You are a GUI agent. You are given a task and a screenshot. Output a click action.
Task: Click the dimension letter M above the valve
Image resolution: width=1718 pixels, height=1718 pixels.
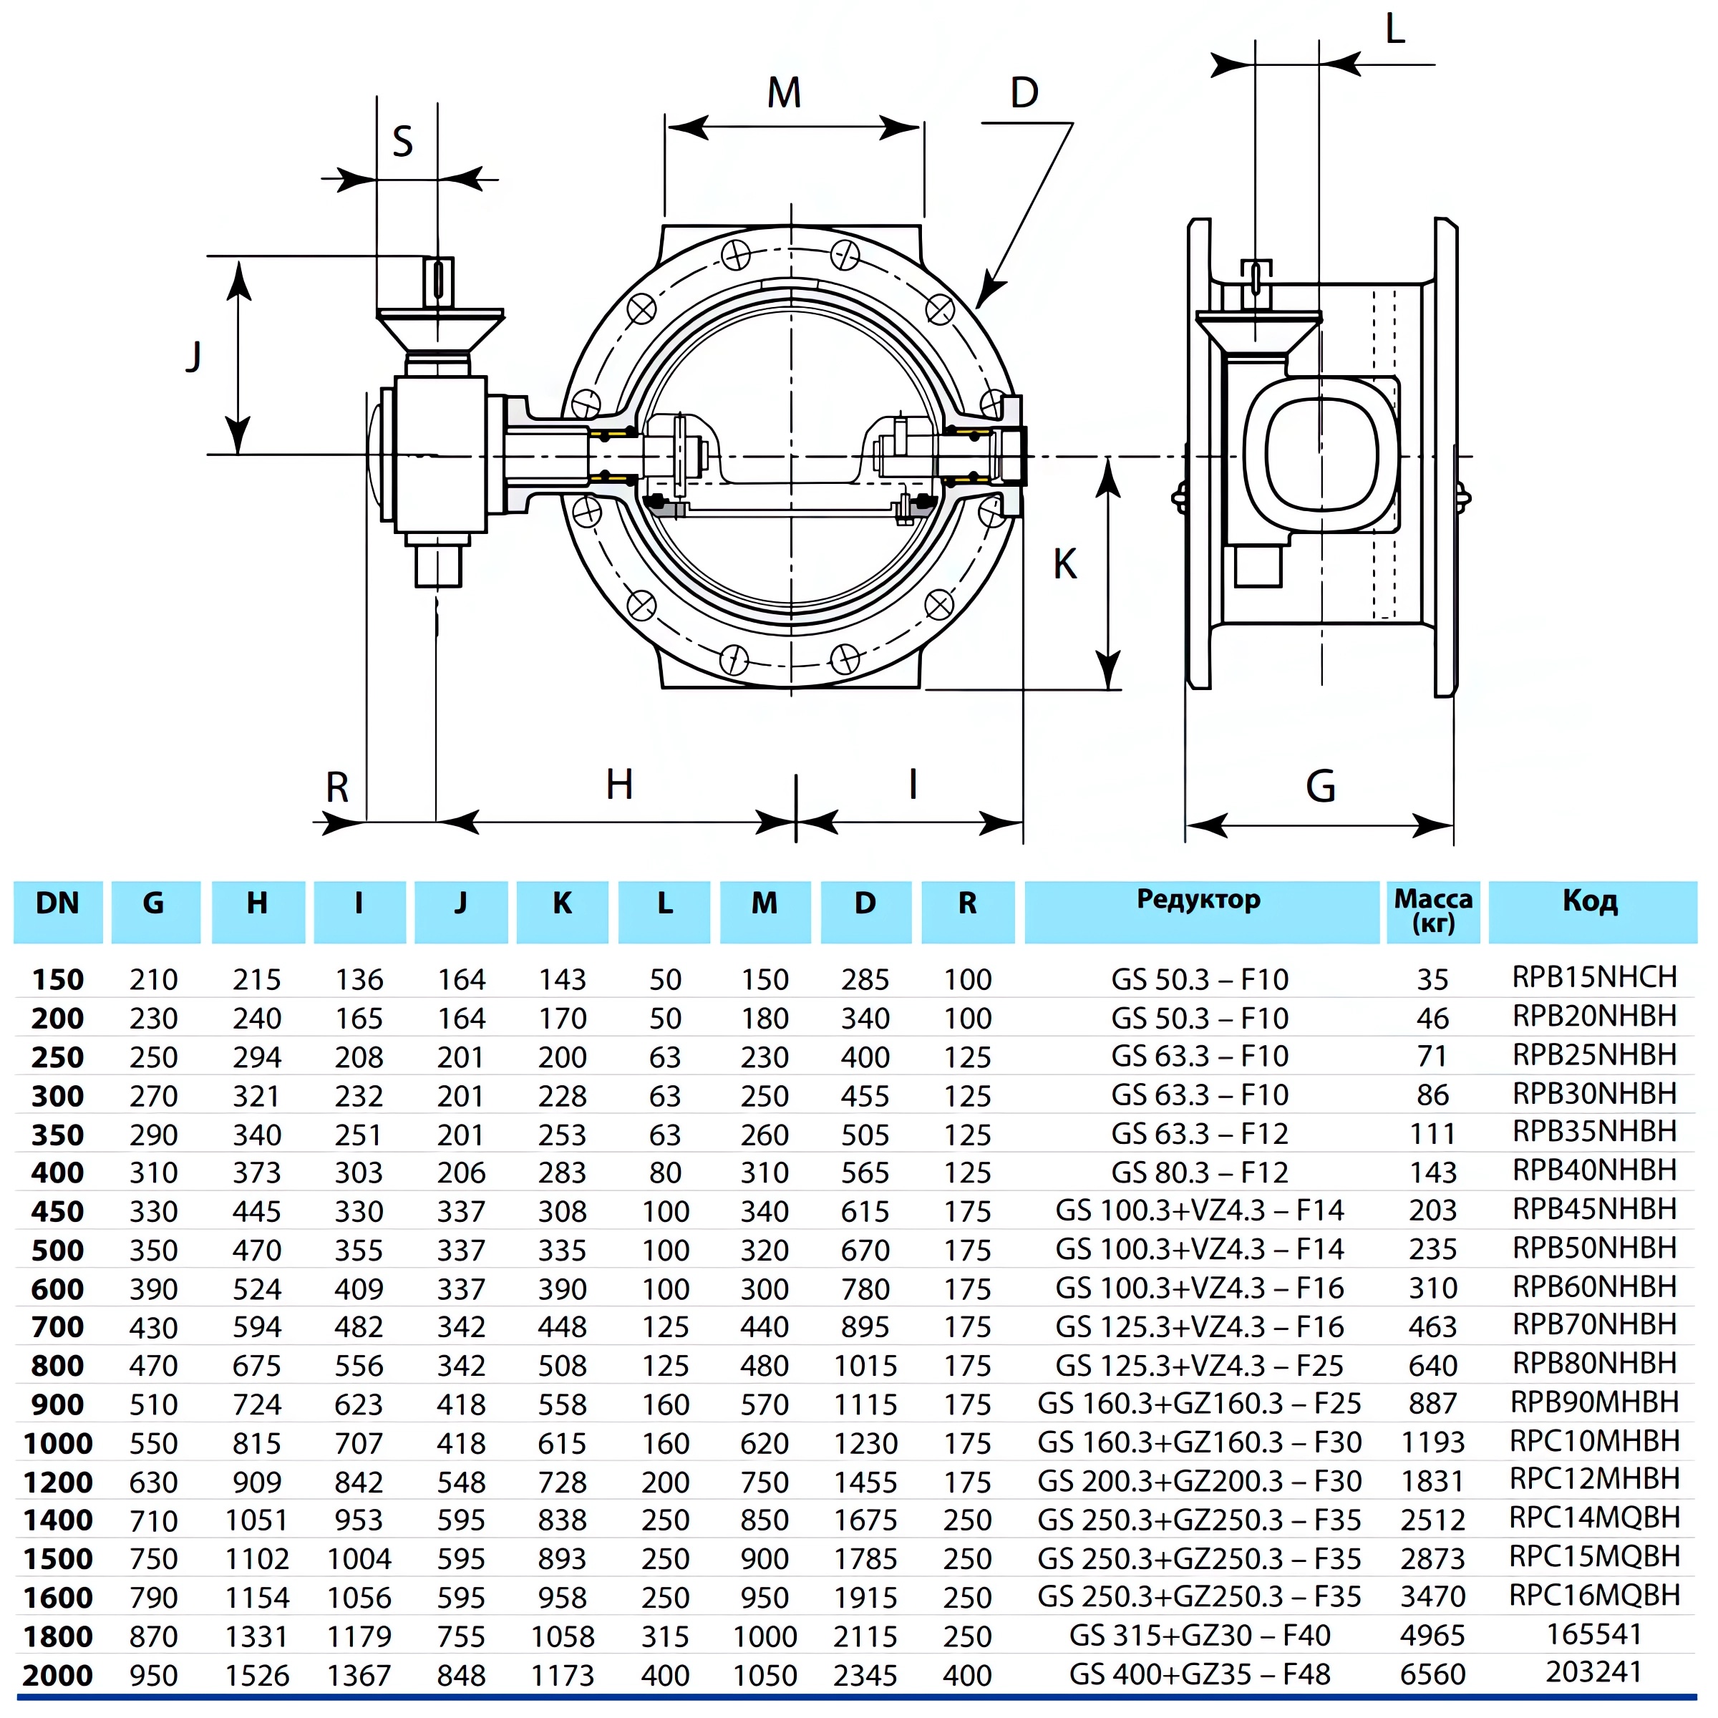(x=785, y=92)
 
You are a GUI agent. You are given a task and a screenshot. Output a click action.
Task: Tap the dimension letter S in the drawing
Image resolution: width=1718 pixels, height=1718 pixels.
(x=403, y=142)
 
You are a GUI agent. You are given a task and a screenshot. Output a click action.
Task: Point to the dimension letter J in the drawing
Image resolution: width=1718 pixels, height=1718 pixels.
(x=194, y=356)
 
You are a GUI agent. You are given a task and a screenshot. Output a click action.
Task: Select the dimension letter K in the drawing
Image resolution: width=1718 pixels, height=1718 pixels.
(x=1064, y=564)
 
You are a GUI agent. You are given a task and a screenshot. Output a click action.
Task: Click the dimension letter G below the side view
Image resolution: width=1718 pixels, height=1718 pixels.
(x=1321, y=787)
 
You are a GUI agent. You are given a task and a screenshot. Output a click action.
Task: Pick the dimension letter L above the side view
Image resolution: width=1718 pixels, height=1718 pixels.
(x=1394, y=30)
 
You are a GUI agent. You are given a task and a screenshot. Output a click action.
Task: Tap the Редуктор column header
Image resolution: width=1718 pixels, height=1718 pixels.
(x=1199, y=900)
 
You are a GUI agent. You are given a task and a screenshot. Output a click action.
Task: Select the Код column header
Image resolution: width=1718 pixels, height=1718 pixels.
(x=1590, y=902)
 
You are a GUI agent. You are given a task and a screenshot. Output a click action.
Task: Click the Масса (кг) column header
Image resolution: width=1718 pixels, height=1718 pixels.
(x=1432, y=911)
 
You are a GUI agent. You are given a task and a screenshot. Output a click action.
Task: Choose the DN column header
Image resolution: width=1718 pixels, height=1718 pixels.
(x=58, y=903)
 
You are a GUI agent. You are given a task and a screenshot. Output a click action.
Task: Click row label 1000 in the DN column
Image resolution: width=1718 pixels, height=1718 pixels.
(x=58, y=1443)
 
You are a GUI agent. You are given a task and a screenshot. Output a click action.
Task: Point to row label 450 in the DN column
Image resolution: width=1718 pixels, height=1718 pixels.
(x=58, y=1211)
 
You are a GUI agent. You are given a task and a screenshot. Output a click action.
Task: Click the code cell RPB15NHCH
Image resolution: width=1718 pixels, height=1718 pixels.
(x=1594, y=977)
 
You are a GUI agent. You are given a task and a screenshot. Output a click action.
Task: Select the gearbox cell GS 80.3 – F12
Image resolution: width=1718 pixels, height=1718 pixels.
(x=1199, y=1172)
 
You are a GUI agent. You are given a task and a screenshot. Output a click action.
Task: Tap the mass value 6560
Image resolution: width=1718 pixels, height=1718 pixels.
(x=1432, y=1674)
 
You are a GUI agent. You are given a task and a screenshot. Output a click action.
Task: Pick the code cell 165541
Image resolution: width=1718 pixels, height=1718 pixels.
(x=1594, y=1634)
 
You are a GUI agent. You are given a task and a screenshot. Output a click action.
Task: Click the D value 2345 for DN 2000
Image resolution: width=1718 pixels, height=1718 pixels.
(x=865, y=1675)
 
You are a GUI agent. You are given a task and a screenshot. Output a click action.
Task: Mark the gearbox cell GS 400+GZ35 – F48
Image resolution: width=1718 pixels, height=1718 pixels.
(x=1199, y=1674)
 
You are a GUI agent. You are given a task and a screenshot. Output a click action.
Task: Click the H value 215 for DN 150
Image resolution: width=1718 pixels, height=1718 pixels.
(x=257, y=980)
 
